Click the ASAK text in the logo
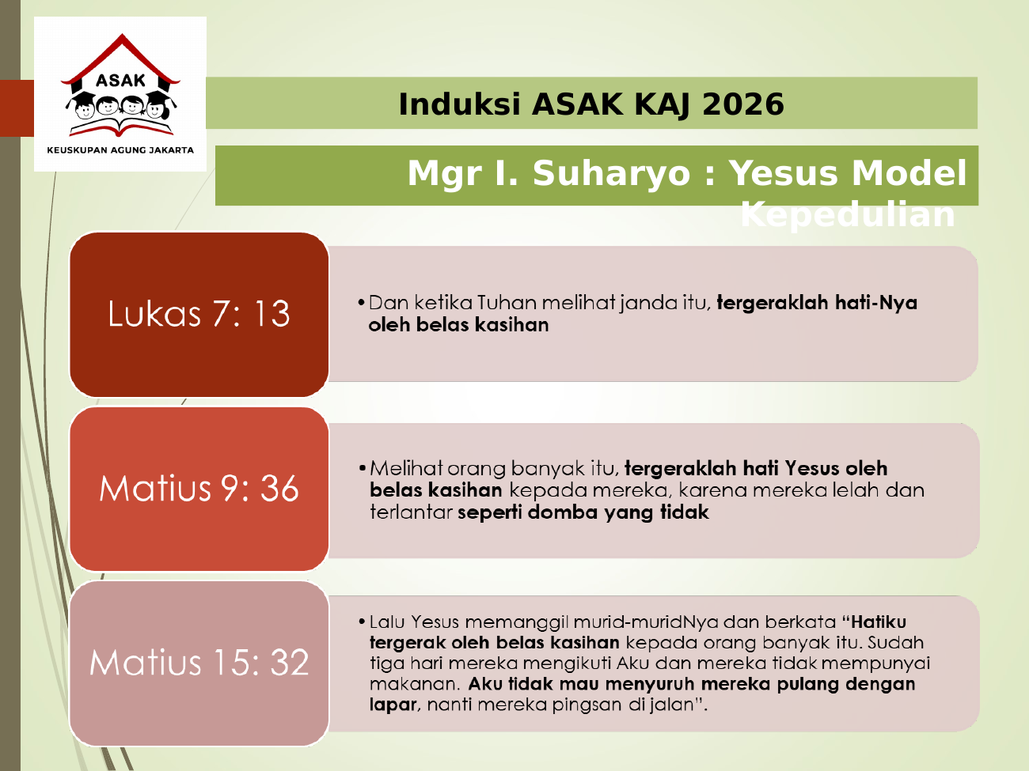(x=120, y=81)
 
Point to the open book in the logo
(x=121, y=127)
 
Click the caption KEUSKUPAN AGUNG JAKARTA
(x=120, y=150)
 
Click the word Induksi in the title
(x=459, y=104)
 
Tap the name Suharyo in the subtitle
(x=611, y=174)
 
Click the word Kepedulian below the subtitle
(x=848, y=215)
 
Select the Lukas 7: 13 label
(x=199, y=313)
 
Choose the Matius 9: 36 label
(x=199, y=488)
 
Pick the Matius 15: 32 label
(x=199, y=663)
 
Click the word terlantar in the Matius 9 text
(x=411, y=512)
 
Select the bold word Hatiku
(x=878, y=622)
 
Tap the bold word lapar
(x=393, y=705)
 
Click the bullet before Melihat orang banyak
(x=362, y=468)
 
